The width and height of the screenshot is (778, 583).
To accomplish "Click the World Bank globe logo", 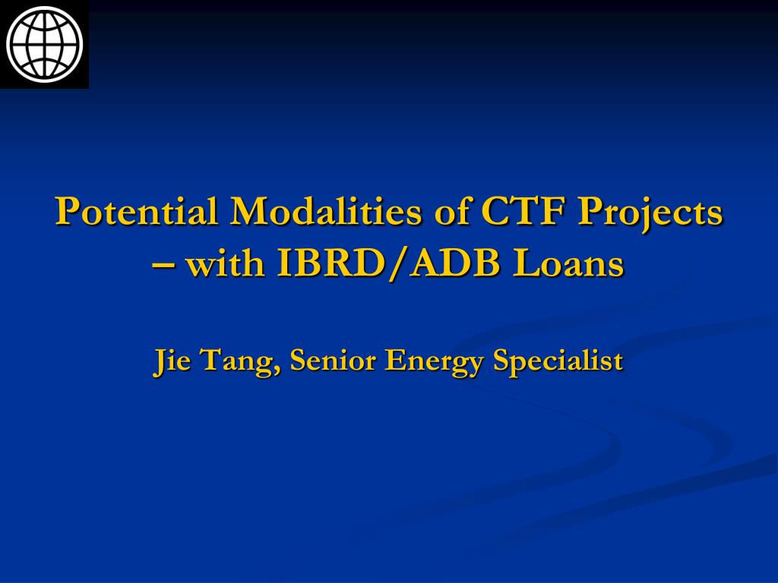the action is (44, 44).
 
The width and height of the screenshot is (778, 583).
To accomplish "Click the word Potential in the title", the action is (137, 211).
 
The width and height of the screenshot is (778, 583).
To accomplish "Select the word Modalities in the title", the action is (325, 211).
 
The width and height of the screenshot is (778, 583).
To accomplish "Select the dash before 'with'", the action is (163, 266).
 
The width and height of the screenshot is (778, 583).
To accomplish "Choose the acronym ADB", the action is (456, 263).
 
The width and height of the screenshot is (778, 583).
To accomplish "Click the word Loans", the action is (568, 263).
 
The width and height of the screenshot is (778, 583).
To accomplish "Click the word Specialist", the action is (558, 362).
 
